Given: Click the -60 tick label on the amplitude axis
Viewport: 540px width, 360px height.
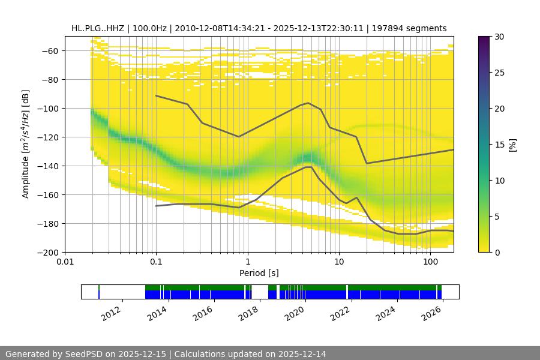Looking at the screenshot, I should point(49,51).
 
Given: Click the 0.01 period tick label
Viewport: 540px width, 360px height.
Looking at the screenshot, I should point(65,262).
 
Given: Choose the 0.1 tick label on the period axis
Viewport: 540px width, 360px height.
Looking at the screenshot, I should point(156,262).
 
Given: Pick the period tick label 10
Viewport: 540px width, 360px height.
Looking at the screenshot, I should point(339,262).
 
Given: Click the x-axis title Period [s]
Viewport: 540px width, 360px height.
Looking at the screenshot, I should point(259,273).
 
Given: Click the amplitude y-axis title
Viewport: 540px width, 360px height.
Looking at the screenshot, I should point(26,144).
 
